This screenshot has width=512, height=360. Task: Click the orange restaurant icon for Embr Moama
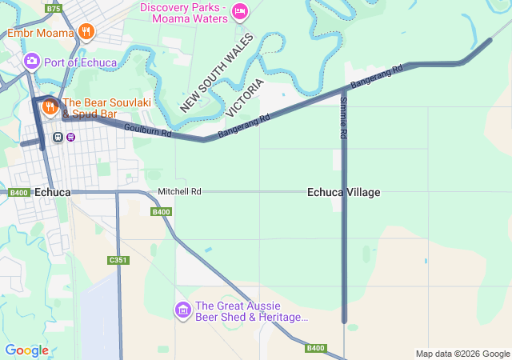[x=86, y=32]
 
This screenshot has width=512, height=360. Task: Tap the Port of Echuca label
[x=81, y=62]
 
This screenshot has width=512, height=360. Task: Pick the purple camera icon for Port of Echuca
[x=32, y=60]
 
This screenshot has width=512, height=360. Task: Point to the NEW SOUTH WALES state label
[x=216, y=73]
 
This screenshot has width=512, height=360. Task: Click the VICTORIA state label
[x=245, y=98]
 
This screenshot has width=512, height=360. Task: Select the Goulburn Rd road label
[x=148, y=130]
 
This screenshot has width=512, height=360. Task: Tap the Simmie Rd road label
[x=342, y=119]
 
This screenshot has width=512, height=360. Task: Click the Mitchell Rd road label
[x=179, y=192]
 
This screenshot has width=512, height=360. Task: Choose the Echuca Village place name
[x=344, y=193]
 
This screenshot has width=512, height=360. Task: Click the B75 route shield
[x=54, y=9]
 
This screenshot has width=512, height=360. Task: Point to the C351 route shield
[x=118, y=260]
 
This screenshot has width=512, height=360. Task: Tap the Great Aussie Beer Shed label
[x=251, y=311]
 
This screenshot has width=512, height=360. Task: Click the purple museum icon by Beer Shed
[x=182, y=309]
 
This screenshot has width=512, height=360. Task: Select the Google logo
[x=26, y=350]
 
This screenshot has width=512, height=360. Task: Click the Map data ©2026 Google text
[x=462, y=354]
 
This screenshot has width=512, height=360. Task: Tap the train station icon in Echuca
[x=58, y=136]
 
